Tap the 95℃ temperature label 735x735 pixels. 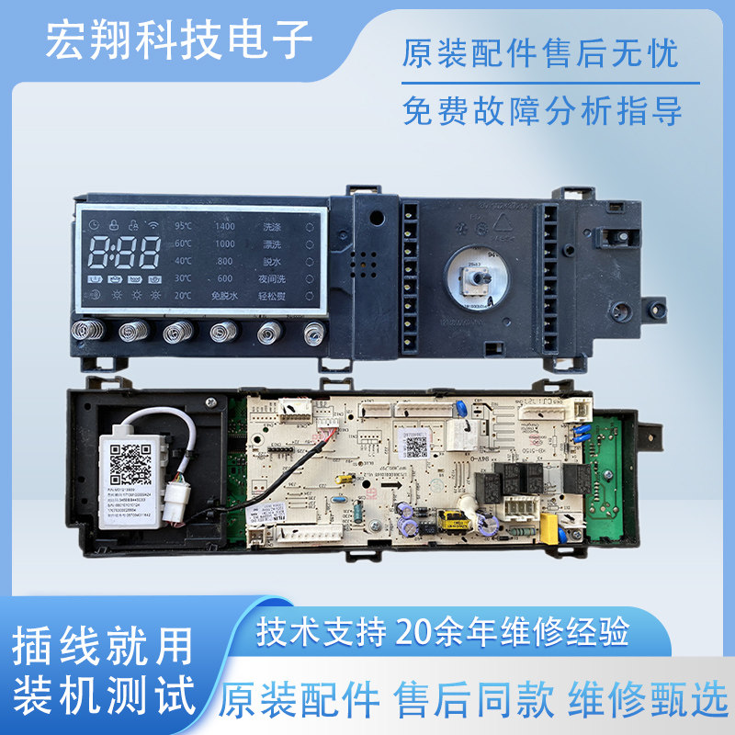click(x=184, y=226)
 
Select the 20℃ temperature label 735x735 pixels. click(x=184, y=296)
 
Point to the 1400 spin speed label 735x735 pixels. click(x=224, y=226)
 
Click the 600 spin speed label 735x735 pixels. click(x=225, y=278)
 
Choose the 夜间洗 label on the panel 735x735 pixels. click(x=275, y=278)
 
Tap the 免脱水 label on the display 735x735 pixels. click(x=224, y=296)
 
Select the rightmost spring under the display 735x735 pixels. click(x=314, y=333)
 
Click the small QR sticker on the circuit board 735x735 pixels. click(x=417, y=447)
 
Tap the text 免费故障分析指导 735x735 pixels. click(x=542, y=112)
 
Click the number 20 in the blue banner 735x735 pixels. click(x=413, y=632)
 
